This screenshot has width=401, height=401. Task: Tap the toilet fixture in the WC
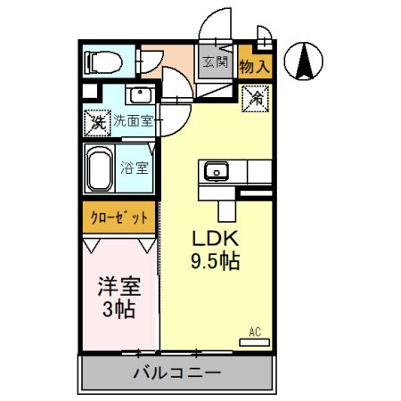[x=104, y=61]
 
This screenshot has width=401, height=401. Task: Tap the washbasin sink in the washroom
[x=138, y=95]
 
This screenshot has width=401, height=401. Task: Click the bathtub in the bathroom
[x=98, y=167]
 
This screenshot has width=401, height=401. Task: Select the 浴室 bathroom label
[x=135, y=167]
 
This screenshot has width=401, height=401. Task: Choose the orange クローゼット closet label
[x=119, y=217]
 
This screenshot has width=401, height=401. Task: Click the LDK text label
[x=214, y=239]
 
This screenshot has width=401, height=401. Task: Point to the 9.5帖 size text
[x=214, y=262]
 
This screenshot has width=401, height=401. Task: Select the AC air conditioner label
[x=255, y=332]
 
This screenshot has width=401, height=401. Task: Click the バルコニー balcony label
[x=177, y=372]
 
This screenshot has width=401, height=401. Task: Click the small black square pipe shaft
[x=88, y=90]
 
